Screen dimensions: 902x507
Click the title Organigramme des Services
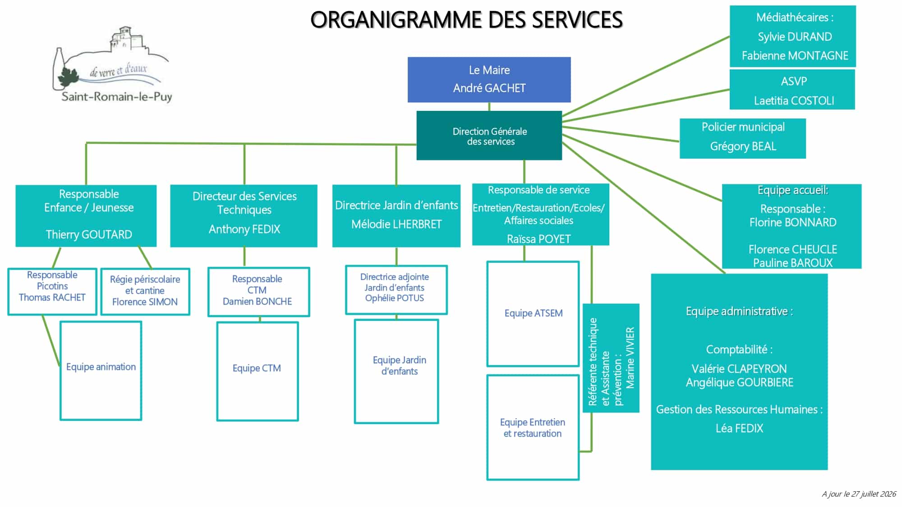466,20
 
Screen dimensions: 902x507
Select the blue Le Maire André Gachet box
489,79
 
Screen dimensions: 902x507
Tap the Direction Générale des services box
489,136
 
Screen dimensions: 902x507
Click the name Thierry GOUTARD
89,234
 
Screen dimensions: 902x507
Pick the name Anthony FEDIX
244,229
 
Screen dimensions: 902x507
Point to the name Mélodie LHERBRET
396,224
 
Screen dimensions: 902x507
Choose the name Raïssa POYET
539,239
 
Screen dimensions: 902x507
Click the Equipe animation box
101,370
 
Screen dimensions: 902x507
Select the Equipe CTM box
258,371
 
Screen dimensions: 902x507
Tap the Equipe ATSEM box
533,314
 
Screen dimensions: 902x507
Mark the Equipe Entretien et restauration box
533,427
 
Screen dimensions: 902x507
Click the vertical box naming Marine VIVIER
611,358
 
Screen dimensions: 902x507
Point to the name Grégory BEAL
743,146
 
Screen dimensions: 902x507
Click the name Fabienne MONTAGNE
795,55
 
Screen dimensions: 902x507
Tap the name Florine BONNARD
793,222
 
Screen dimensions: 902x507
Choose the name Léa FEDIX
739,428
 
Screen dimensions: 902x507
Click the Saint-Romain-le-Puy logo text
117,96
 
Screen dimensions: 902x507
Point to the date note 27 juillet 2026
859,494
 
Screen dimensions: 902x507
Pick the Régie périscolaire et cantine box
145,292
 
